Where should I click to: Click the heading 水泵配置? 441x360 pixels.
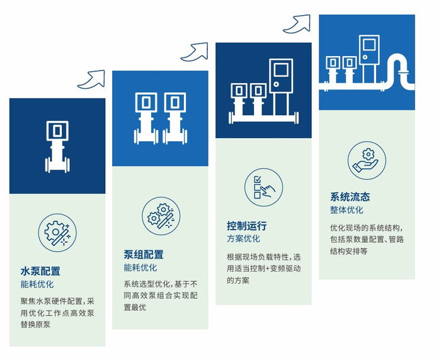click(x=40, y=271)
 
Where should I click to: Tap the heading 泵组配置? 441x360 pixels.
click(x=144, y=255)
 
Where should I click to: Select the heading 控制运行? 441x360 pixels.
click(x=247, y=226)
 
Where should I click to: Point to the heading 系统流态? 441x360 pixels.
click(x=350, y=197)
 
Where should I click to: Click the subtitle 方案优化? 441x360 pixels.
click(x=243, y=239)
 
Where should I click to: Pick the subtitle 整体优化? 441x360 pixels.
click(x=346, y=210)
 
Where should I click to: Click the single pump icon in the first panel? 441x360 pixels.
click(x=57, y=147)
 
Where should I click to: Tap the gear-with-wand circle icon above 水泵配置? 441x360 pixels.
click(x=57, y=233)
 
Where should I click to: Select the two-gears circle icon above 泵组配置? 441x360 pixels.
click(x=161, y=216)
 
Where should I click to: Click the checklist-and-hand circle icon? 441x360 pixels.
click(x=263, y=187)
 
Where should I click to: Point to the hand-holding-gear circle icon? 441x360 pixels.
click(x=367, y=160)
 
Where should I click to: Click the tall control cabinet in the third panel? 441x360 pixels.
click(x=281, y=87)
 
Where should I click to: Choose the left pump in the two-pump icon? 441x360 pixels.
click(x=146, y=119)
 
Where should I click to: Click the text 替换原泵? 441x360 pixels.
click(x=35, y=325)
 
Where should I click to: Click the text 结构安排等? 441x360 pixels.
click(x=349, y=251)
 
